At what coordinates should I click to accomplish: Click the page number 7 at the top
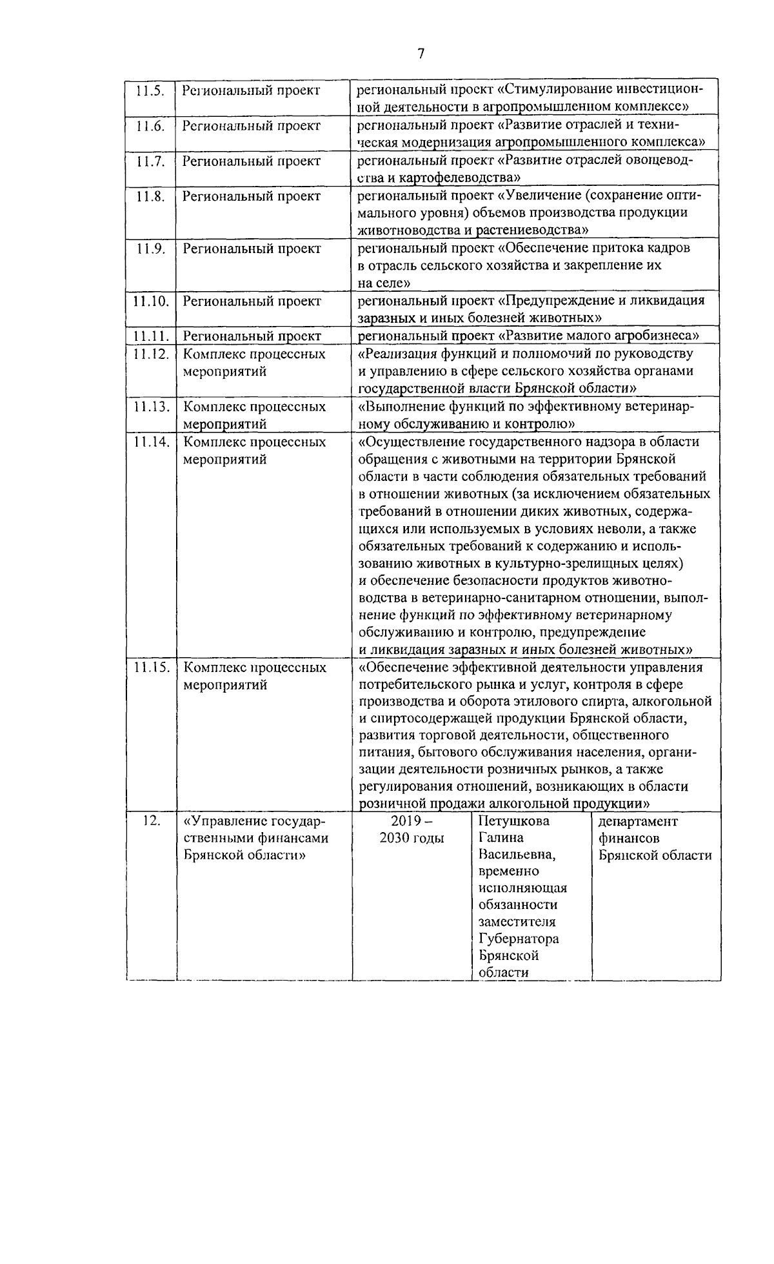tap(420, 54)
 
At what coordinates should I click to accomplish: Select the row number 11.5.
tap(150, 90)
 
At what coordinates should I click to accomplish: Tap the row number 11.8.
tap(150, 196)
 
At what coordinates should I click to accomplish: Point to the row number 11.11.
tap(151, 336)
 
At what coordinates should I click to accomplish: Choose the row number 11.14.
tap(151, 442)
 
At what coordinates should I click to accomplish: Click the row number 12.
tap(151, 822)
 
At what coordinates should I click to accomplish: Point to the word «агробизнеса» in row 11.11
tap(657, 336)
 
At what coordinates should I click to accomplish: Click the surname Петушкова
tap(513, 821)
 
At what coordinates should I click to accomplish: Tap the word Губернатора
tap(519, 939)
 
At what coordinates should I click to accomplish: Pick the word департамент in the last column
tap(638, 821)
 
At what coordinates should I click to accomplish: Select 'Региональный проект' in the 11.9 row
tap(252, 249)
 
